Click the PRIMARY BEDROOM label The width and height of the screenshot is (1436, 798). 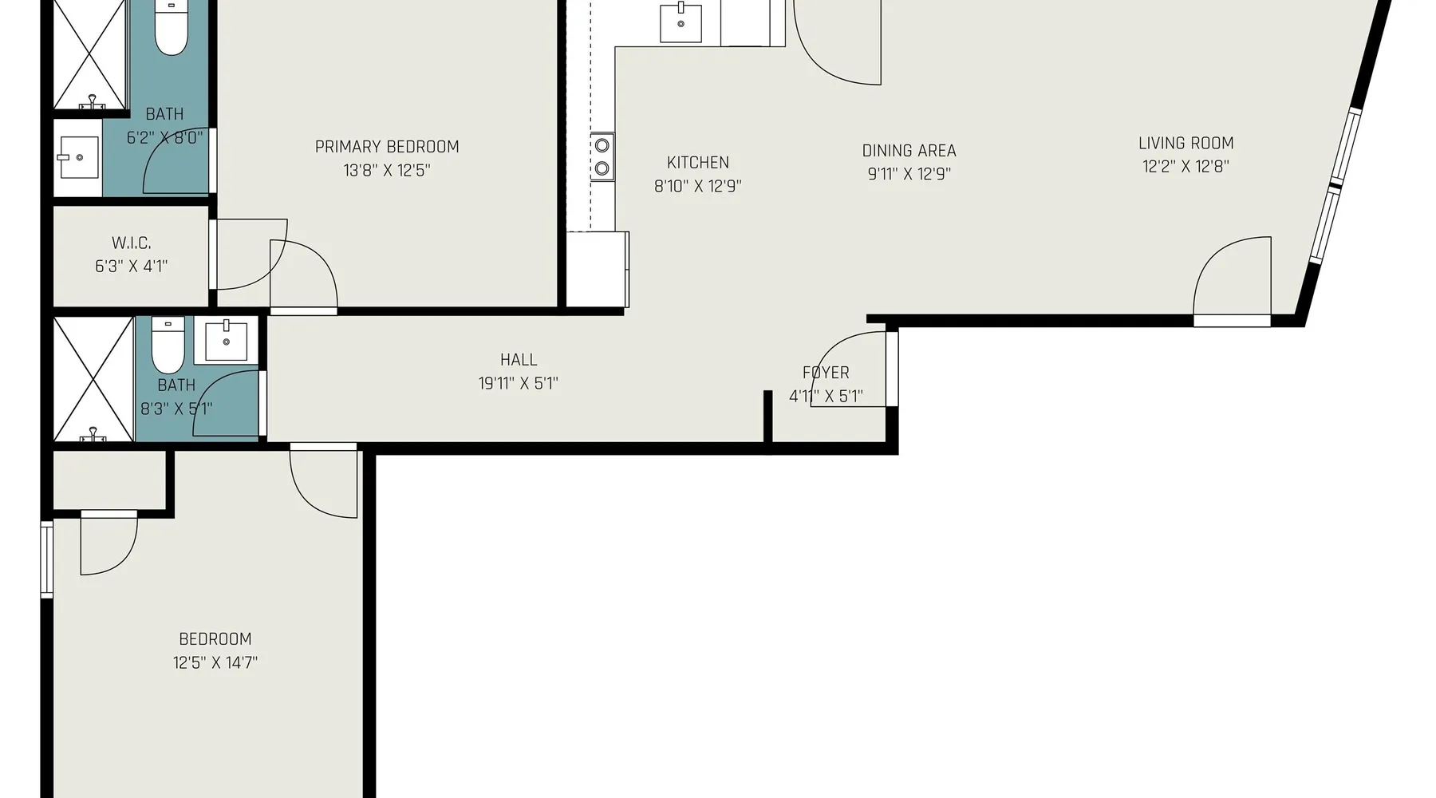click(x=387, y=147)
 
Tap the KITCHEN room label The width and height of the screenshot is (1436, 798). click(x=698, y=163)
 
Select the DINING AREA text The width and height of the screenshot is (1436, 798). click(x=909, y=151)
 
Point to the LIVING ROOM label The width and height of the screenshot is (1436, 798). click(x=1185, y=144)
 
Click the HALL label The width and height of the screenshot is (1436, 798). click(x=519, y=360)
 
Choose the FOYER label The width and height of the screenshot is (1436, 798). click(x=826, y=373)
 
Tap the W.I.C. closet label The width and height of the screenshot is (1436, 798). click(x=132, y=243)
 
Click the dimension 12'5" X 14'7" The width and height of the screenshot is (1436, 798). click(x=215, y=662)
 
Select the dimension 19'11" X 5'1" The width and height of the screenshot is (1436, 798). click(x=519, y=383)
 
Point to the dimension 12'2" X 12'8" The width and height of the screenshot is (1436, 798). click(x=1185, y=167)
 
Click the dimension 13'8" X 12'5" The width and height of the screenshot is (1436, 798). click(x=387, y=170)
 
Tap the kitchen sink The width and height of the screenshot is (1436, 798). click(x=681, y=23)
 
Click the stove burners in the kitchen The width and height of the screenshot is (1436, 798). click(x=602, y=156)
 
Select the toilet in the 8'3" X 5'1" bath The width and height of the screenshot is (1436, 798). click(x=168, y=345)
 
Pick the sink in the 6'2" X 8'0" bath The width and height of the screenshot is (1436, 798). click(x=78, y=158)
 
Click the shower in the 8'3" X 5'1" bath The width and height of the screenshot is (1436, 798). click(x=93, y=379)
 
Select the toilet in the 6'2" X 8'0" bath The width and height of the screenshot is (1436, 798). click(x=170, y=28)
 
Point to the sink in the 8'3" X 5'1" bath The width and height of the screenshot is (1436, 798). click(x=227, y=341)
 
